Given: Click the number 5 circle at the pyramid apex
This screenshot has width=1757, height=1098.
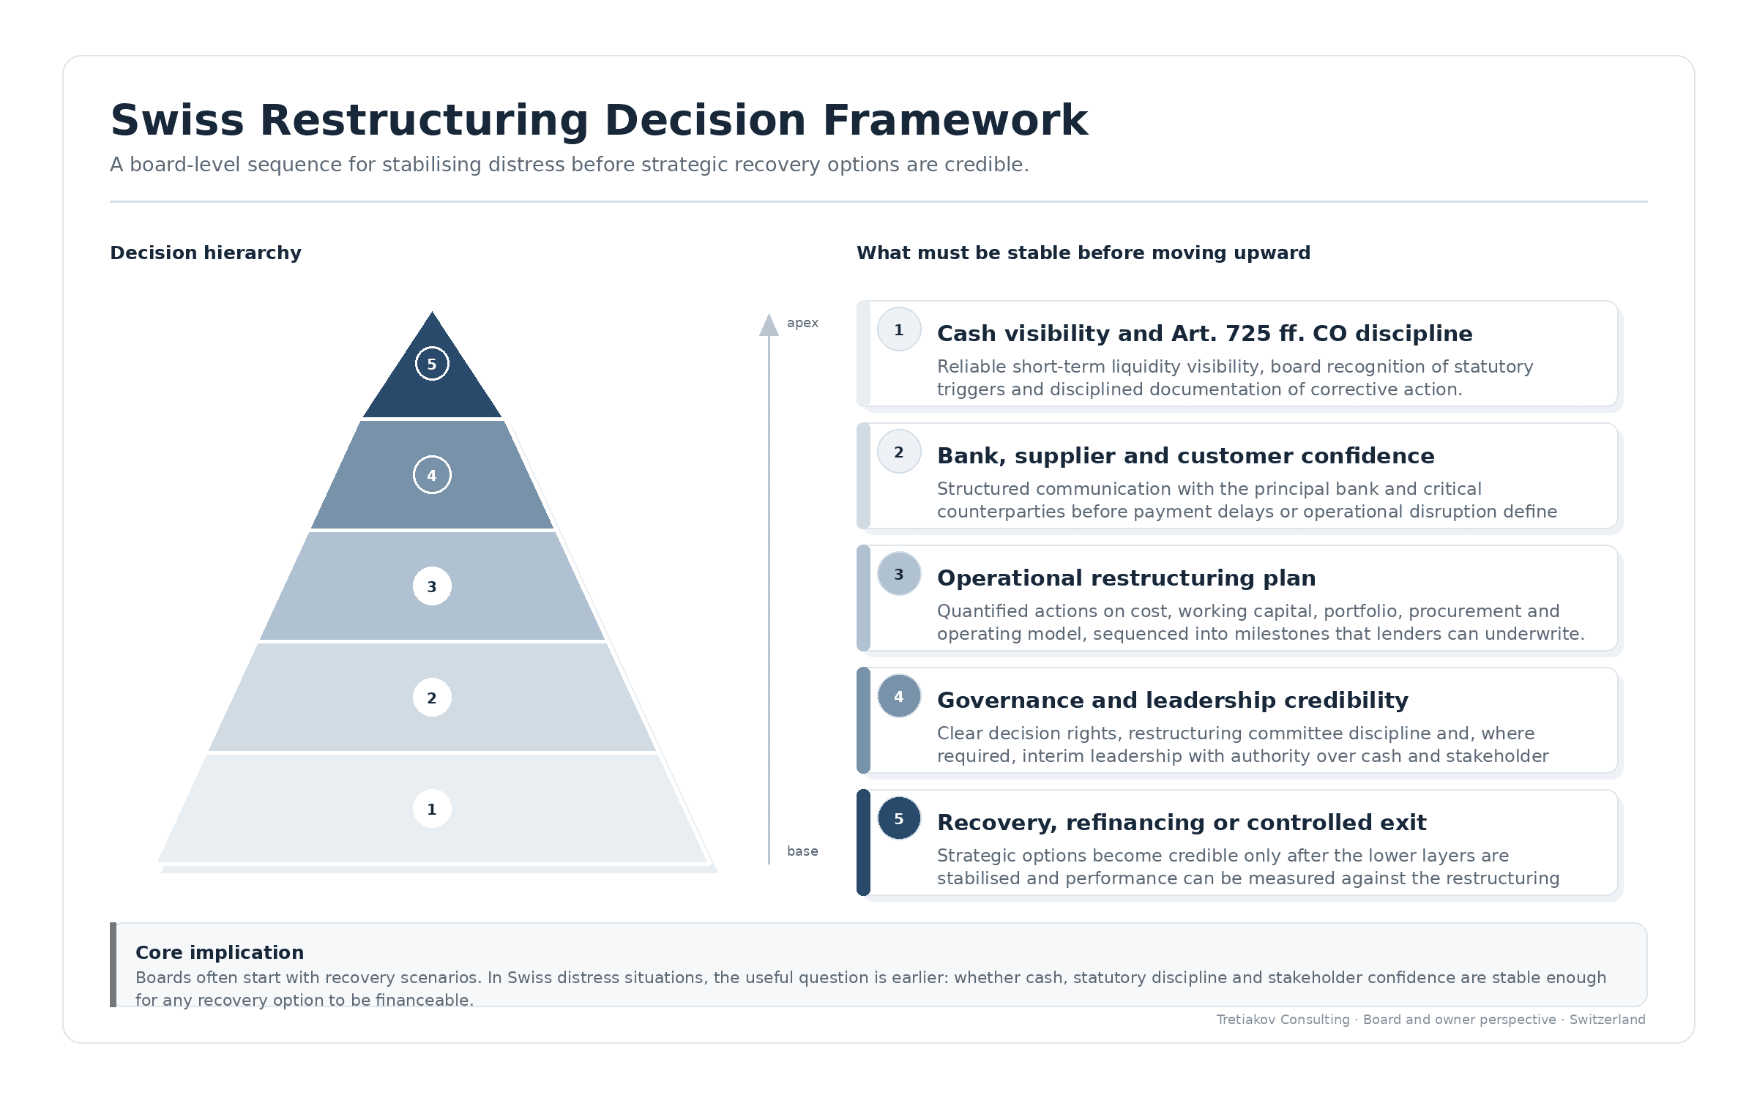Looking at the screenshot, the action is [432, 364].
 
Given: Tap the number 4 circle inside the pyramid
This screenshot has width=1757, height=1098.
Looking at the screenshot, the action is [432, 475].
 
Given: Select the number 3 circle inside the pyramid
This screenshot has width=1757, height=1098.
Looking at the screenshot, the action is [432, 586].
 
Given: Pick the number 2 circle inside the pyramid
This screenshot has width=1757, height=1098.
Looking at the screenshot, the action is [432, 698].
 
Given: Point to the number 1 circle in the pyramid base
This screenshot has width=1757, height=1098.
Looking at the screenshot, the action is [432, 809].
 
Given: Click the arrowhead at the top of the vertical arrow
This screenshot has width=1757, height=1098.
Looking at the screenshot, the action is [769, 325].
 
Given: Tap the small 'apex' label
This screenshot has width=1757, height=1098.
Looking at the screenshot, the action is [802, 323].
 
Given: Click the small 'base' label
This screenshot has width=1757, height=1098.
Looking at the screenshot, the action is [802, 851].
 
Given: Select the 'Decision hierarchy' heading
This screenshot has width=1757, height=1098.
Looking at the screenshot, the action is [206, 253].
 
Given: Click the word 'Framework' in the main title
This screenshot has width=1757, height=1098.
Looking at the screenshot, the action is [955, 120].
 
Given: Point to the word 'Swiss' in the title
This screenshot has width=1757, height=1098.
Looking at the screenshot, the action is [177, 120].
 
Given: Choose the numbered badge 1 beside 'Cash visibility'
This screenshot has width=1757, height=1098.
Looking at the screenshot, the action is [899, 329].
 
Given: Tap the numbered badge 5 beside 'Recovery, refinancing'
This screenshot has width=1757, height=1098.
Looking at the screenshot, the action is [899, 818].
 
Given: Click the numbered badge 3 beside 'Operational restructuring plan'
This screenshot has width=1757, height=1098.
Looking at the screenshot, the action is [899, 574].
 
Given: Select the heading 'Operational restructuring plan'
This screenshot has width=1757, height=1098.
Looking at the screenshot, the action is [1127, 578].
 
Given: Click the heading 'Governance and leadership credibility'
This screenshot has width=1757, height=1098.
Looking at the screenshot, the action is [1173, 701].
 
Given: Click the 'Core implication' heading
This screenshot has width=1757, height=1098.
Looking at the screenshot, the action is [220, 952].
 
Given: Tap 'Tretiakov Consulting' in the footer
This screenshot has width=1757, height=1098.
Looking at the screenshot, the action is [1283, 1020].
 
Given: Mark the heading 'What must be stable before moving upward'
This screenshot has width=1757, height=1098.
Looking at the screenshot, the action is [1083, 253].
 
